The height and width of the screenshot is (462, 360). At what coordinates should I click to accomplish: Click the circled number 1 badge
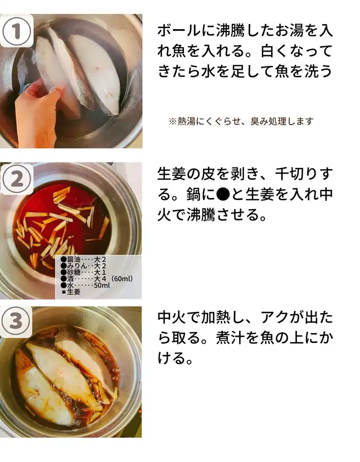click(16, 31)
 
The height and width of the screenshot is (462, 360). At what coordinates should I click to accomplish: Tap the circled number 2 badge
click(17, 179)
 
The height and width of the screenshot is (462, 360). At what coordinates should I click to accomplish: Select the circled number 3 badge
click(16, 321)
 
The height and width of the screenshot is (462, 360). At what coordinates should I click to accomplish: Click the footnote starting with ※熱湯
click(241, 121)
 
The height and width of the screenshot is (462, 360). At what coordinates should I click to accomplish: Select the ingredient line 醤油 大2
click(83, 260)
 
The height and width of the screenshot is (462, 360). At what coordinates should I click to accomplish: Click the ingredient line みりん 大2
click(83, 266)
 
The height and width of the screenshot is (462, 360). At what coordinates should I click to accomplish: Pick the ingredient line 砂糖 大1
click(83, 272)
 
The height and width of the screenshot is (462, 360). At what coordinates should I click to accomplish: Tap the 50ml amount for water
click(102, 285)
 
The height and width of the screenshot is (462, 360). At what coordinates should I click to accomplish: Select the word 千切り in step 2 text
click(297, 174)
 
